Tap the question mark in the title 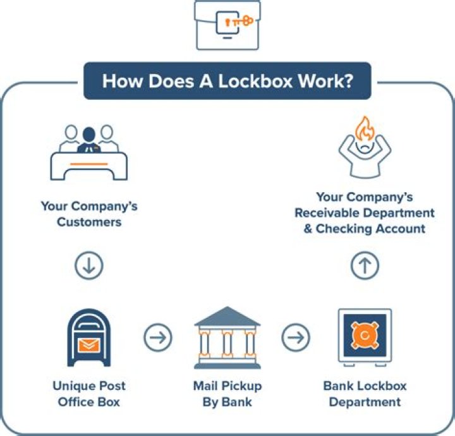pos(347,82)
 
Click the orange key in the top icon pos(241,21)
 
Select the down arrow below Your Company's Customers pos(88,266)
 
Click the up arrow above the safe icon pos(365,266)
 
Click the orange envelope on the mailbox pos(89,345)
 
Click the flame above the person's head pos(365,130)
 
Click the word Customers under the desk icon pos(89,222)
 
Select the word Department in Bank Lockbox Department pos(365,401)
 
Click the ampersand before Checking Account pos(308,228)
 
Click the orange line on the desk pos(88,164)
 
